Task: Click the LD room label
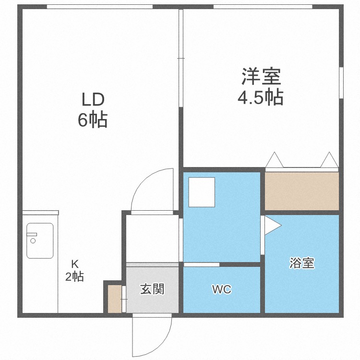tap(93, 100)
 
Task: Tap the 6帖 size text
tap(93, 120)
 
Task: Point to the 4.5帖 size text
tap(261, 97)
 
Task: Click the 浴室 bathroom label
tap(302, 263)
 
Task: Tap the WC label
tap(222, 290)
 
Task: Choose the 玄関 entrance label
tap(152, 289)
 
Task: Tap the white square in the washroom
tap(202, 192)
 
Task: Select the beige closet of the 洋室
tap(302, 191)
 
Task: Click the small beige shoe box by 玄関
tap(114, 299)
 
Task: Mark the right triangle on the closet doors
tap(329, 160)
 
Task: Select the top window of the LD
tap(100, 6)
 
